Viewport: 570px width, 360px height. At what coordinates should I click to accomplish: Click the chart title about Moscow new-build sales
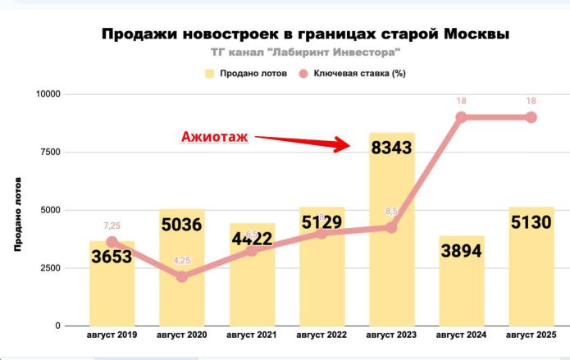click(x=304, y=34)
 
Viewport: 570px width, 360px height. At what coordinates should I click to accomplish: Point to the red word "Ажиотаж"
click(x=213, y=137)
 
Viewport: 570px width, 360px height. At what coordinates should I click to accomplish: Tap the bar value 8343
click(x=391, y=149)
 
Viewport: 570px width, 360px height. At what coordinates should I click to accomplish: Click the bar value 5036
click(x=181, y=226)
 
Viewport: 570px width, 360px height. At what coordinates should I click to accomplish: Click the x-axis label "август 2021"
click(x=252, y=335)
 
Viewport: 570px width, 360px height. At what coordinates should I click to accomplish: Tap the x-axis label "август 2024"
click(x=461, y=335)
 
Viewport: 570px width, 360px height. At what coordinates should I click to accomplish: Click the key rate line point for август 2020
click(x=182, y=276)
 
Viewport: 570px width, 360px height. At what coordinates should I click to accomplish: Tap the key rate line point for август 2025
click(x=531, y=117)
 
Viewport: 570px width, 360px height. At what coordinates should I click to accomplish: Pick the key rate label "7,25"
click(x=112, y=225)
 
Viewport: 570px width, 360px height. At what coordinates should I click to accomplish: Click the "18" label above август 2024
click(x=461, y=101)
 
